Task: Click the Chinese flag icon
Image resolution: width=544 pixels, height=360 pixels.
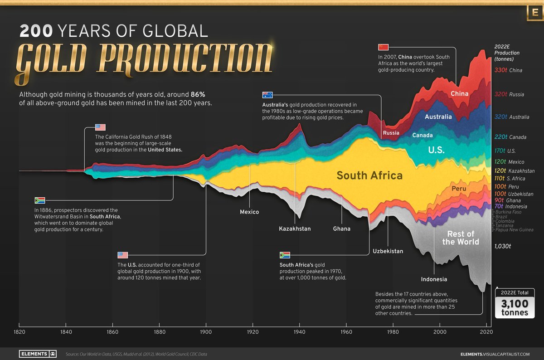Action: [x=384, y=47]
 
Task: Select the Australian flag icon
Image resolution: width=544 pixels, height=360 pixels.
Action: [x=267, y=95]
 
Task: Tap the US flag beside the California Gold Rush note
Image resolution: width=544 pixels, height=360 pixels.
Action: [x=100, y=127]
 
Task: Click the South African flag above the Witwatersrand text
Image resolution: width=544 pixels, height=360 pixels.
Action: [x=40, y=200]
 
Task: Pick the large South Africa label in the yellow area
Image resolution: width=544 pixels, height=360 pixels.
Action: [x=369, y=175]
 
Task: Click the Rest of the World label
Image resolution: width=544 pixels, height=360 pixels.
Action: [x=461, y=238]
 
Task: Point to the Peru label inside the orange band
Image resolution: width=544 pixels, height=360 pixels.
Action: [x=459, y=188]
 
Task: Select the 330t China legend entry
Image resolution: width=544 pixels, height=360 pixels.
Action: [x=508, y=70]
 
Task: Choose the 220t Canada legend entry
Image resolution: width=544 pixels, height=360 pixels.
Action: [x=510, y=137]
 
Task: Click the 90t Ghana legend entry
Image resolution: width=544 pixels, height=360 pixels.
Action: [x=507, y=200]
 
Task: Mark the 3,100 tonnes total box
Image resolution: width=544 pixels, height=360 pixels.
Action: [x=515, y=304]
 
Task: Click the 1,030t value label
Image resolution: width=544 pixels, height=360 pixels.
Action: [x=503, y=246]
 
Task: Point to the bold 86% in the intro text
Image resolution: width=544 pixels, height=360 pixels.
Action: [x=197, y=95]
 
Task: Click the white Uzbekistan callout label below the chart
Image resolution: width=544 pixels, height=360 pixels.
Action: [x=388, y=251]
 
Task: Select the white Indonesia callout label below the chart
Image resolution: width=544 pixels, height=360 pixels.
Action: [x=433, y=279]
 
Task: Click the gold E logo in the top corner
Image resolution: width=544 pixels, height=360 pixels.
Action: [x=534, y=14]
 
